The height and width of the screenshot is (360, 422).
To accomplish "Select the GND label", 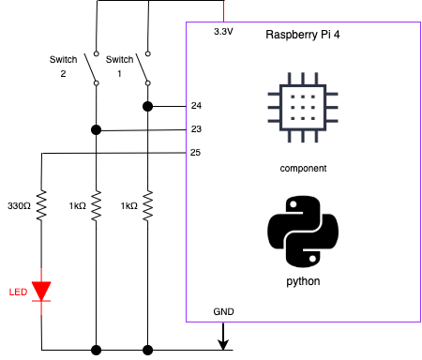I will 223,310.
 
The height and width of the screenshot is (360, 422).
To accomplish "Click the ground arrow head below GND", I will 223,341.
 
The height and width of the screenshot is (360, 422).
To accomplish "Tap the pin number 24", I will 196,106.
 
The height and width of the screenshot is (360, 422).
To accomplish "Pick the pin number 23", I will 196,129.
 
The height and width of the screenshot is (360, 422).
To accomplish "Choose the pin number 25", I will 196,152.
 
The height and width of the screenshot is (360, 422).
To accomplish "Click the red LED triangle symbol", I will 41,291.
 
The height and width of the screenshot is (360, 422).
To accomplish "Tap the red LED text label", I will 18,291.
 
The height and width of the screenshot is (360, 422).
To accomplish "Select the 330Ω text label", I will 20,205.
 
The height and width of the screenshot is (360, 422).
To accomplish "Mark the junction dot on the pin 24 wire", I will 147,106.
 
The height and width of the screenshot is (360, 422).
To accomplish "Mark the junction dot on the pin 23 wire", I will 95,129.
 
